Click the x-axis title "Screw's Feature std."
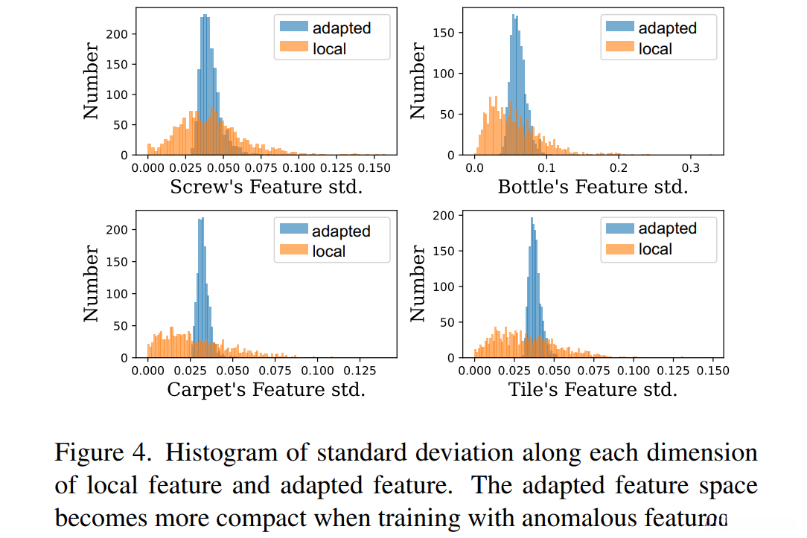[x=266, y=187]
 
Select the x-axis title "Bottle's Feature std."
[x=593, y=187]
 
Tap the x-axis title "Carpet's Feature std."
[x=266, y=389]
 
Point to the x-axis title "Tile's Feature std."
[x=593, y=389]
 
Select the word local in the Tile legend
[x=656, y=249]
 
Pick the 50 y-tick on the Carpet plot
[x=122, y=325]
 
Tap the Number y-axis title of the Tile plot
[x=418, y=284]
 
